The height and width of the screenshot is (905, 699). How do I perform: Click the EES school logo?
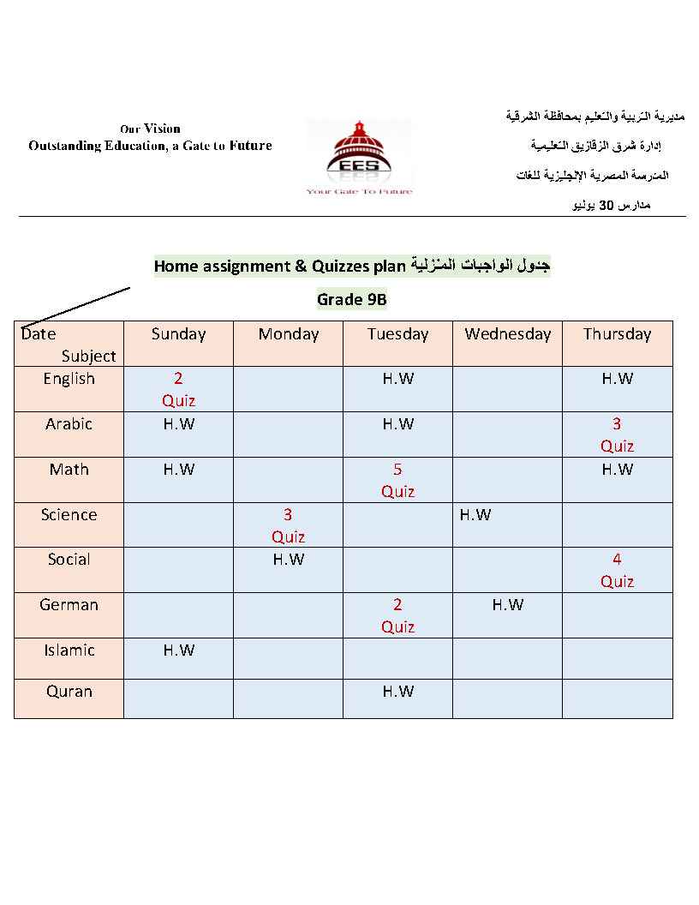359,157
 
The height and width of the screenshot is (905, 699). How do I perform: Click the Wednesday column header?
508,334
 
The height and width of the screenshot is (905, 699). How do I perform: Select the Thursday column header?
617,334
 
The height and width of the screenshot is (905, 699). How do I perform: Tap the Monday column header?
288,334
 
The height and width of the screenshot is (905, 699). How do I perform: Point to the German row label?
69,605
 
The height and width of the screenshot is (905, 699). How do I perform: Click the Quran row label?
69,692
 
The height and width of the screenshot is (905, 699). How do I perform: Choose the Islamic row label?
69,650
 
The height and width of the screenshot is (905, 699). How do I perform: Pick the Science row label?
69,515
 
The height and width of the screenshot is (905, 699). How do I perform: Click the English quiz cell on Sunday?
178,389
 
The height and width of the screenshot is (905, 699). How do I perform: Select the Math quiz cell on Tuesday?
397,480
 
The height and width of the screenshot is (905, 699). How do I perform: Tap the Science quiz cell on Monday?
288,525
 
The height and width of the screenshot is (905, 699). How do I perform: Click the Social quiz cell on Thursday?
617,570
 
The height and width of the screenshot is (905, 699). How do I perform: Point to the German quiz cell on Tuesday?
397,615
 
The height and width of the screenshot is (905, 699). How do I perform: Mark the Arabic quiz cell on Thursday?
617,435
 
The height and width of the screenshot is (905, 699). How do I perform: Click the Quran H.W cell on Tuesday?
397,692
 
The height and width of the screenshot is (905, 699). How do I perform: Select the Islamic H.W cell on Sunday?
178,650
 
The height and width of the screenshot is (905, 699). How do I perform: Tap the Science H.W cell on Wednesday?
475,515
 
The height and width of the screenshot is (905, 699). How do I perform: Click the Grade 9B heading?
352,299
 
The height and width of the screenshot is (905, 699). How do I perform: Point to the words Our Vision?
150,129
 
